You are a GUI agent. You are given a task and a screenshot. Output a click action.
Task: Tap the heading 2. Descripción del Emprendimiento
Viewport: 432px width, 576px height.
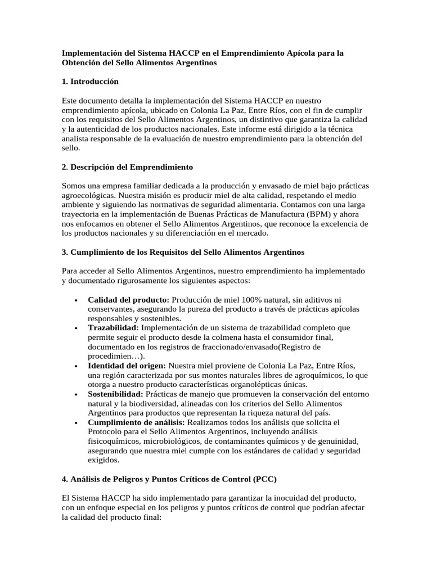point(127,167)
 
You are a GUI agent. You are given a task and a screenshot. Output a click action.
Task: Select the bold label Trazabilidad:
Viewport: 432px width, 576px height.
point(113,327)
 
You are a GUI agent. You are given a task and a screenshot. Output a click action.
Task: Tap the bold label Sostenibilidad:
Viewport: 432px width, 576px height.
point(116,393)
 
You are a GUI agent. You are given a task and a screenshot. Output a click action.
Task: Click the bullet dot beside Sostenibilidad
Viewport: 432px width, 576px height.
point(75,394)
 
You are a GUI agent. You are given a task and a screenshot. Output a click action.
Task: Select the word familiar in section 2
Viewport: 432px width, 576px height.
point(140,186)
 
